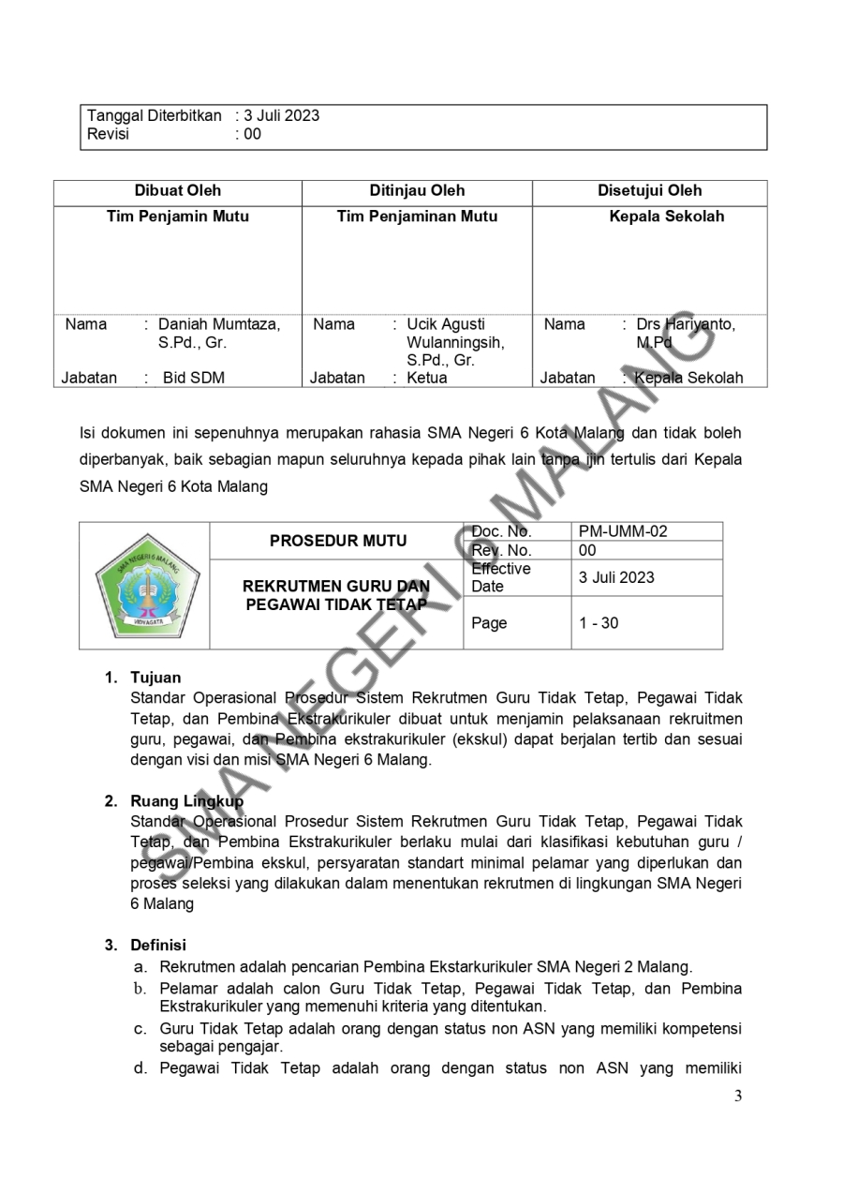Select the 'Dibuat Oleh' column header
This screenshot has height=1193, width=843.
click(x=178, y=191)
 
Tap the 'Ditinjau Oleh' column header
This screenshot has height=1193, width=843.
click(x=417, y=191)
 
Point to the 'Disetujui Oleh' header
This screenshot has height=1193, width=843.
click(x=650, y=191)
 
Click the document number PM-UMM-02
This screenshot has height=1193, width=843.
click(x=623, y=531)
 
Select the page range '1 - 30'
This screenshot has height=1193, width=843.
click(x=599, y=623)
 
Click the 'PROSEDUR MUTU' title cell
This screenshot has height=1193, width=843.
click(x=338, y=541)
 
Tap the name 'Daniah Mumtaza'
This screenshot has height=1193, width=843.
click(x=219, y=325)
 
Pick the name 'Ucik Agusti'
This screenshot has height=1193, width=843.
click(x=446, y=325)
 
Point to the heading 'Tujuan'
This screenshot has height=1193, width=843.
click(x=155, y=678)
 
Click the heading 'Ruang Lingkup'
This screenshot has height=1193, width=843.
click(x=186, y=801)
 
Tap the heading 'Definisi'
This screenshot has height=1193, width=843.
click(x=158, y=946)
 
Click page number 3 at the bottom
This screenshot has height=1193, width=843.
click(x=737, y=1096)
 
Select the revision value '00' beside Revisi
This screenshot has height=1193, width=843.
click(x=252, y=134)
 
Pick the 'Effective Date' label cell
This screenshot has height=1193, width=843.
click(x=500, y=577)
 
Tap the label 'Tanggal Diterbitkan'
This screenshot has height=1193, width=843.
click(x=155, y=116)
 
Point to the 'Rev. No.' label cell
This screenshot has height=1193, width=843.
click(x=501, y=550)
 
